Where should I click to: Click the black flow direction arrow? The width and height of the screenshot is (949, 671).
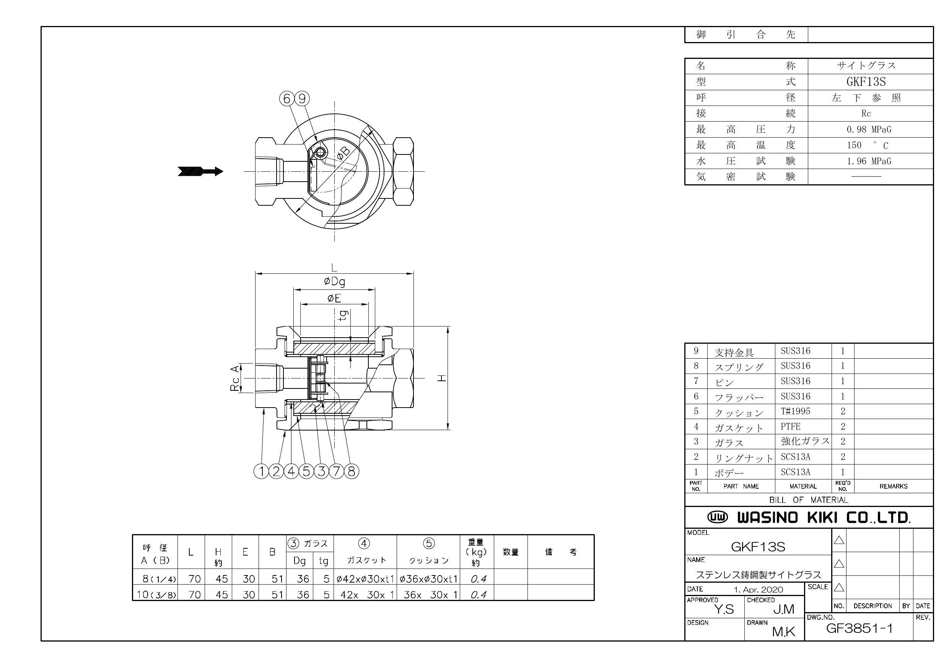point(200,171)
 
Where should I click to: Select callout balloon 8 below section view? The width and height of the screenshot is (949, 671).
point(351,471)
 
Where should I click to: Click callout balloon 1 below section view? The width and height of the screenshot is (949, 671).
point(261,471)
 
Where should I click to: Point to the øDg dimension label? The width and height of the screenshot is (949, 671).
point(334,281)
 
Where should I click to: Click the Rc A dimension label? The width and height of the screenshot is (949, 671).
point(235,378)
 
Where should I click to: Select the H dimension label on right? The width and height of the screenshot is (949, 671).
point(442,378)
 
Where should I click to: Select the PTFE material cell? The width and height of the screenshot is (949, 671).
point(790,426)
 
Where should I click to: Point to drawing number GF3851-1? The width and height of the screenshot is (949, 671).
point(859,629)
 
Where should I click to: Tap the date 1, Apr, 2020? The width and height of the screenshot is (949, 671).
point(758,589)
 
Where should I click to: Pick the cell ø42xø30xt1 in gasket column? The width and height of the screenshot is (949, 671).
point(365,579)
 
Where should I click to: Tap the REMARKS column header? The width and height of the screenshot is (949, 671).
point(893,486)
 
